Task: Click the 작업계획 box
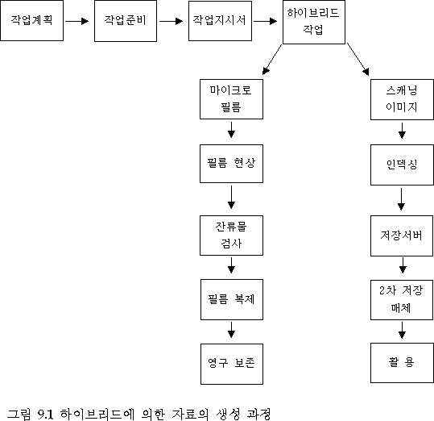click(x=32, y=20)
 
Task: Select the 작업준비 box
click(x=126, y=21)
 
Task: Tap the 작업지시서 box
click(x=220, y=21)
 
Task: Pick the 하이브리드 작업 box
click(x=314, y=22)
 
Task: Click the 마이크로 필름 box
click(x=231, y=99)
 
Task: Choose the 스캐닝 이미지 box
click(x=402, y=99)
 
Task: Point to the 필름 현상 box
click(x=231, y=164)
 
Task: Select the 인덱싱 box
click(x=402, y=165)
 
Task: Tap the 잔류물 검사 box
click(x=231, y=236)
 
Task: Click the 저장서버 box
click(x=402, y=236)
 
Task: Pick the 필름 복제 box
click(x=232, y=299)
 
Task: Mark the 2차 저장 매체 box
click(x=402, y=300)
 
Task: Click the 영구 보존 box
click(x=232, y=364)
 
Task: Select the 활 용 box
click(x=402, y=363)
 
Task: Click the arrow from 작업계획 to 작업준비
click(x=77, y=21)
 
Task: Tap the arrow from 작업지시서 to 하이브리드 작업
click(x=265, y=21)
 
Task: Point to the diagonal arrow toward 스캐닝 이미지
click(x=358, y=60)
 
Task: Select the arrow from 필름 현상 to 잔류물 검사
click(x=231, y=197)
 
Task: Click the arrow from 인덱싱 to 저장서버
click(x=401, y=199)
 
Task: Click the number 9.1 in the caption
click(x=45, y=414)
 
